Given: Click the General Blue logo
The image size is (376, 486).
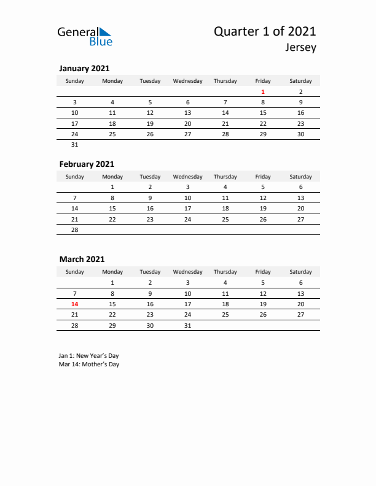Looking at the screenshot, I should (x=85, y=36).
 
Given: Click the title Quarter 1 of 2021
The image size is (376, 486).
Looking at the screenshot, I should (x=265, y=32).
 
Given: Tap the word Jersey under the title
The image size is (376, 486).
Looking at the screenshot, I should (x=301, y=48).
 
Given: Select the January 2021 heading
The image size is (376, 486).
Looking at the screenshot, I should (x=84, y=68).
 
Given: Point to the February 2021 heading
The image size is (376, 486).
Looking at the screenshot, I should (x=87, y=164).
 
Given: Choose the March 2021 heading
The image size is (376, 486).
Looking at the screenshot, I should (x=82, y=259).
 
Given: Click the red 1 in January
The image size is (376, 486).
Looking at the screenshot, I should (x=263, y=91).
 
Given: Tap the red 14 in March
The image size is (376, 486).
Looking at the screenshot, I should (x=74, y=304).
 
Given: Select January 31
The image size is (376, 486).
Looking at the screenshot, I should (x=74, y=145).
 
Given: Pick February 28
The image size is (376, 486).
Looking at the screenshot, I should (x=74, y=229).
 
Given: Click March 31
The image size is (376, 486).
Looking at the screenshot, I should (x=187, y=325).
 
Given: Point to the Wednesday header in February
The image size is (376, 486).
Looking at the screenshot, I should (x=187, y=177).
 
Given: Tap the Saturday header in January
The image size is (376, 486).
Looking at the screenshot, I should (x=300, y=81).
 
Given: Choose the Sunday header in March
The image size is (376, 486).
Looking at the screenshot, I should (x=74, y=272).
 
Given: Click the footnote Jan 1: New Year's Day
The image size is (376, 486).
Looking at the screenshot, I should (x=89, y=355).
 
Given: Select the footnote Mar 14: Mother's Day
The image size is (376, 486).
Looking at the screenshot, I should (x=89, y=364).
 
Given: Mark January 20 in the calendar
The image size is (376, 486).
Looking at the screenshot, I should (x=187, y=123).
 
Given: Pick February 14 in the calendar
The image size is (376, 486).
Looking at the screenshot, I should (x=74, y=208).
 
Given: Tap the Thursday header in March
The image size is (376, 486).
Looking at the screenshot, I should (x=225, y=272).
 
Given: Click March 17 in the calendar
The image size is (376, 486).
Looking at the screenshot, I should (x=187, y=304).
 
